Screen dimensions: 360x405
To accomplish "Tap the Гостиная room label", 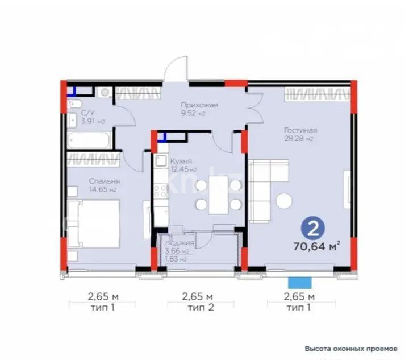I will tap(300, 130).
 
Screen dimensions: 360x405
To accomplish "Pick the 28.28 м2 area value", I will tap(300, 139).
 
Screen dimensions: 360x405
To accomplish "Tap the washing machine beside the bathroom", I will tap(104, 93).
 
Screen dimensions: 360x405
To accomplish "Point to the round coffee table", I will tap(284, 201).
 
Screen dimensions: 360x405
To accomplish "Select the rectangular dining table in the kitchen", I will tap(218, 195).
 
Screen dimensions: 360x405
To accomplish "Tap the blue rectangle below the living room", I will tap(300, 282).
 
